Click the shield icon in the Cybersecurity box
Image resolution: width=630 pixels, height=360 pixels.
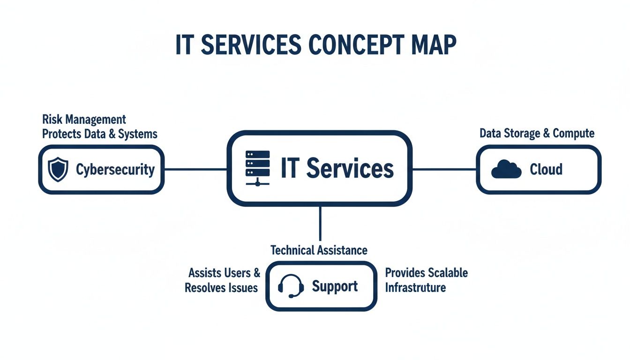point(58,169)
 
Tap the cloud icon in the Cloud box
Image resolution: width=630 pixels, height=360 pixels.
point(506,169)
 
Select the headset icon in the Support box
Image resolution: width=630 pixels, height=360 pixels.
point(291,286)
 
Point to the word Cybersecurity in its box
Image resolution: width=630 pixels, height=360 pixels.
point(115,169)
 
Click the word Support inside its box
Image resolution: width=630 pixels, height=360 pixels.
point(335,286)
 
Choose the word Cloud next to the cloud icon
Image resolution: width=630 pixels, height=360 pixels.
point(546,169)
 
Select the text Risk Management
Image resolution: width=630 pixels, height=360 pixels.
point(84,120)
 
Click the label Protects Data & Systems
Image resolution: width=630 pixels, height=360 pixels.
point(99,134)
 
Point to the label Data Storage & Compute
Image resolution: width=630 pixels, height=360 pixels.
point(537,133)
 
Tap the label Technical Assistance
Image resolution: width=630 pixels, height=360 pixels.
point(319,250)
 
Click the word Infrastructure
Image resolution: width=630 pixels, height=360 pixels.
point(415,287)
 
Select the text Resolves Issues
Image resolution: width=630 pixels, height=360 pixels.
point(221,287)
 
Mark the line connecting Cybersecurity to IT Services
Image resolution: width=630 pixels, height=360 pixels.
point(195,169)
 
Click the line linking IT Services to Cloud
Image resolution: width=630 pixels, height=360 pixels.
point(444,169)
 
